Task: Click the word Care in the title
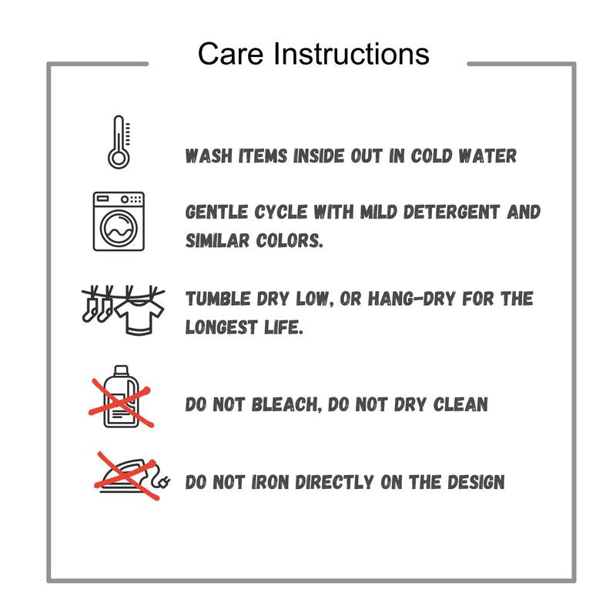(230, 53)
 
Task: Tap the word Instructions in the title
(351, 53)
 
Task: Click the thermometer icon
(119, 142)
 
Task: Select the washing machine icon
(119, 221)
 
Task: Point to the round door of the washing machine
(119, 228)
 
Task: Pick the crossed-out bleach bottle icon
(121, 397)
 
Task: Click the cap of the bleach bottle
(121, 370)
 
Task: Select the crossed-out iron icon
(132, 476)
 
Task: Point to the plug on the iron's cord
(163, 481)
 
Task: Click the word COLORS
(290, 240)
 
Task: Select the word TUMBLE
(218, 299)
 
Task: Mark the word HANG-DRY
(411, 299)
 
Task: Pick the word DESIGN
(476, 482)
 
